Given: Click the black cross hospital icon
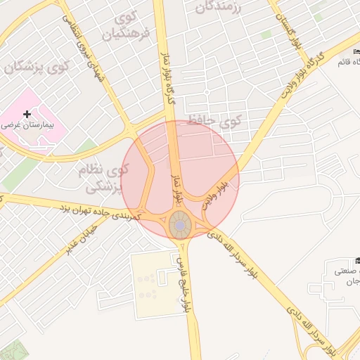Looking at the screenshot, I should tap(27, 113).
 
